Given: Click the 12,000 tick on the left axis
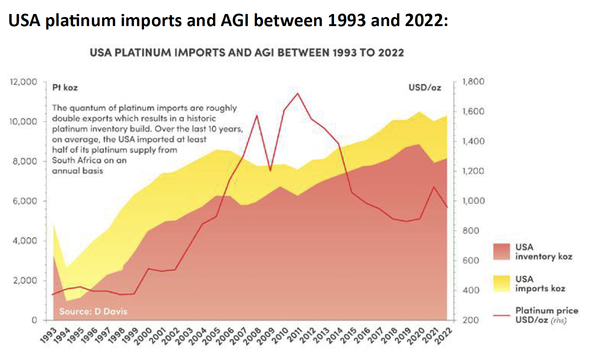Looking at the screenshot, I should pos(23,82).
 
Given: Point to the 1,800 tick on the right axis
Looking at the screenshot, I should pos(473,82).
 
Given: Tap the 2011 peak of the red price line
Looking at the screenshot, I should pos(297,93).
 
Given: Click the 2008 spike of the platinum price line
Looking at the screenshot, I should pos(257,115).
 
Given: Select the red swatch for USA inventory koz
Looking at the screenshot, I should pos(501,251).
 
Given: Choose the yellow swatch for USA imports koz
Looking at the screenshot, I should pos(501,284).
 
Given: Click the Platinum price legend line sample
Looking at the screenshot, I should pos(501,315).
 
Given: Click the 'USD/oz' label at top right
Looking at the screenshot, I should pos(425,88).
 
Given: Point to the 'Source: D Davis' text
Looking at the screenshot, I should pos(93,311).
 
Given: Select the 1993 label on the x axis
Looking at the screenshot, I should pos(49,335).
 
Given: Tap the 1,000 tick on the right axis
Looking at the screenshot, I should pos(473,201).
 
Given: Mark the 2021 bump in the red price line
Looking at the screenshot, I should pos(434,186).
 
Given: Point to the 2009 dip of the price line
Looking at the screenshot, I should pos(271,171).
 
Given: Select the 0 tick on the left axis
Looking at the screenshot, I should pos(34,320).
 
